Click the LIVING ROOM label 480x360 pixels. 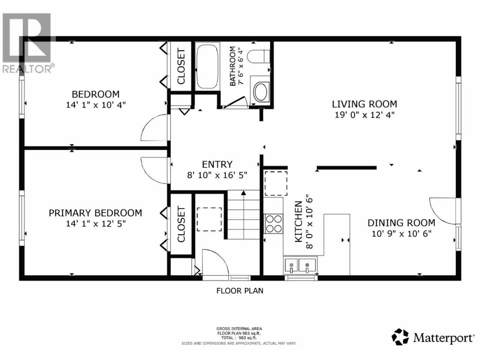pyautogui.click(x=364, y=104)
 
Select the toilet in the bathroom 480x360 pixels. pyautogui.click(x=258, y=57)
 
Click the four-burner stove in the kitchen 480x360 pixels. pyautogui.click(x=274, y=223)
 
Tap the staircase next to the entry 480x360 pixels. pyautogui.click(x=243, y=214)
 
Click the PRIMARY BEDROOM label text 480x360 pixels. pyautogui.click(x=95, y=213)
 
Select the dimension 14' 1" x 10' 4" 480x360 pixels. pyautogui.click(x=96, y=105)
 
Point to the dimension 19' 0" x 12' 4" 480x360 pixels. pyautogui.click(x=365, y=115)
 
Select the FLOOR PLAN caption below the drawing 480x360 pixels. pyautogui.click(x=240, y=291)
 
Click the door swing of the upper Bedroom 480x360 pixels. pyautogui.click(x=153, y=127)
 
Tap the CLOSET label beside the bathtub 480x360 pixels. pyautogui.click(x=181, y=66)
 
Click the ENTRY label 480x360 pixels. pyautogui.click(x=217, y=164)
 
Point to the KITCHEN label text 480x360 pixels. pyautogui.click(x=299, y=222)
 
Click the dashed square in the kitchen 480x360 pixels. pyautogui.click(x=276, y=183)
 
